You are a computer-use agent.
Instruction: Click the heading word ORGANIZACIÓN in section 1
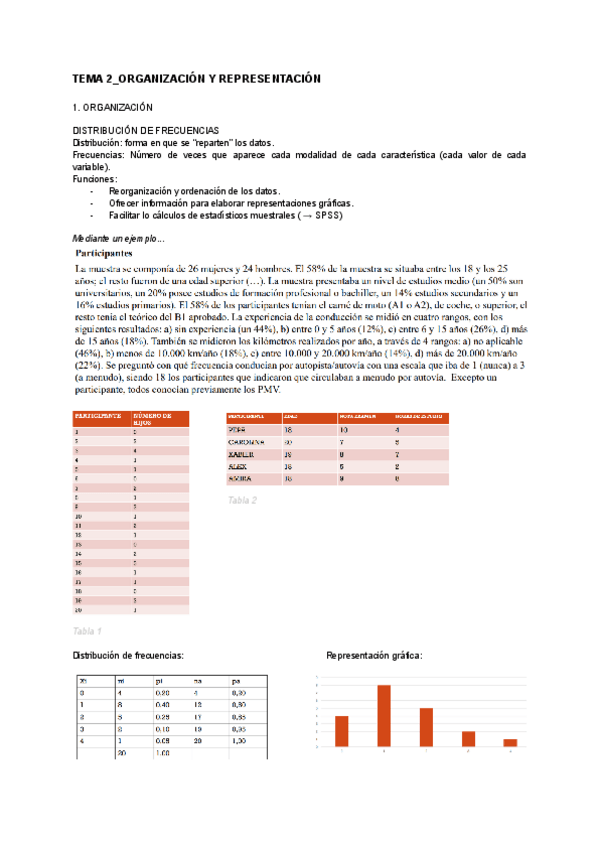point(116,106)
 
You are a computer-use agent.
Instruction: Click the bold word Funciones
point(95,179)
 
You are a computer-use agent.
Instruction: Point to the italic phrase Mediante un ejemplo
point(118,238)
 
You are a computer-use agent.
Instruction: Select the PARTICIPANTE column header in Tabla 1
point(97,414)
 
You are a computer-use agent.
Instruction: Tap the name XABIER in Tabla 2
point(243,453)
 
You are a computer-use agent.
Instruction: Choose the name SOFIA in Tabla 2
point(242,479)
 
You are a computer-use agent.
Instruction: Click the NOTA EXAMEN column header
point(357,415)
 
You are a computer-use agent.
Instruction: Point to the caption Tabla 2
point(242,500)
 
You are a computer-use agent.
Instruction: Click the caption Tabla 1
point(87,631)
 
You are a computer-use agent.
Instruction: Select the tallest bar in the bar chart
point(383,715)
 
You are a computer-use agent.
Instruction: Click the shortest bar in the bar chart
point(510,742)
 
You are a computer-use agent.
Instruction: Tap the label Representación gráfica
point(374,655)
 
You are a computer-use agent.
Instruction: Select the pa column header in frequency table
point(236,680)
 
